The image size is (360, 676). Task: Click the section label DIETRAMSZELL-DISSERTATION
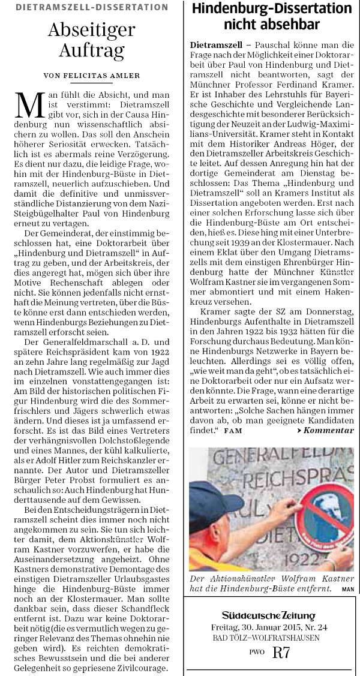point(92,7)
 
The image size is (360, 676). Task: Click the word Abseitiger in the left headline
point(91,29)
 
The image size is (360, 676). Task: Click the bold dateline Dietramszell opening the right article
point(215,46)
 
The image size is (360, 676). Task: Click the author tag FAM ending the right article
point(231,431)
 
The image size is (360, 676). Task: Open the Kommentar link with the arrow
point(325,431)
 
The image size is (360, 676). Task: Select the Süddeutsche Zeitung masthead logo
point(271,615)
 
